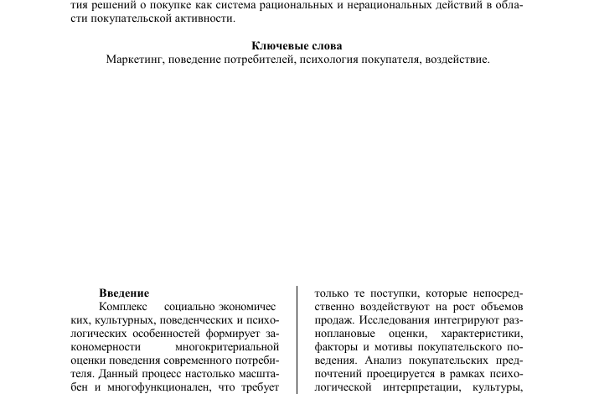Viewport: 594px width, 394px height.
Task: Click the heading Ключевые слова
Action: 297,46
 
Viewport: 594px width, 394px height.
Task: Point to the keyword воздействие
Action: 458,60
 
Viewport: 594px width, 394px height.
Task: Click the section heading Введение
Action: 124,293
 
